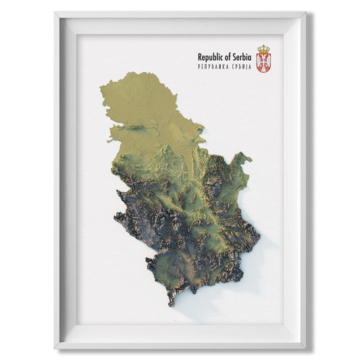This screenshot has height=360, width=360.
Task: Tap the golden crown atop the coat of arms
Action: pyautogui.click(x=263, y=49)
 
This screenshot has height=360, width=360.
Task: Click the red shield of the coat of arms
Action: pyautogui.click(x=263, y=63)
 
